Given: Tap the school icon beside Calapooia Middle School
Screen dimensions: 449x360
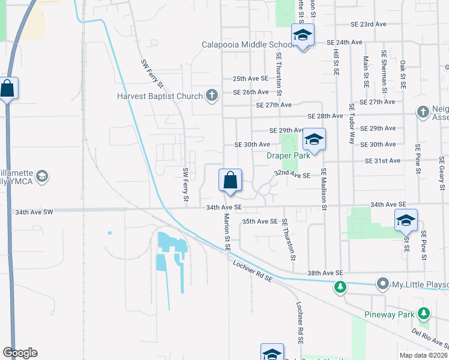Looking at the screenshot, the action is [x=303, y=35].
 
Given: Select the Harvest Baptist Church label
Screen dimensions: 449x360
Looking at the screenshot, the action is [x=160, y=95].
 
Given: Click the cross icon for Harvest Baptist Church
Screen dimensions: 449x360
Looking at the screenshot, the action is [x=211, y=95].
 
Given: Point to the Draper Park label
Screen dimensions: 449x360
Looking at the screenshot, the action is [x=288, y=155].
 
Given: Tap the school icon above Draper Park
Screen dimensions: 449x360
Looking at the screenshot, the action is [x=313, y=140].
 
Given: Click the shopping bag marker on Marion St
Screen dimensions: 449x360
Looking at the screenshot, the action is [x=230, y=179].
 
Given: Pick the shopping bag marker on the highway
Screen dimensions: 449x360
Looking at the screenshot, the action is [x=7, y=88].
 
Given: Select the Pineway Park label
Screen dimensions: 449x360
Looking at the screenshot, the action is [x=390, y=314].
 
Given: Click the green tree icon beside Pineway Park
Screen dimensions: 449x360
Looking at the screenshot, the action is [x=424, y=314].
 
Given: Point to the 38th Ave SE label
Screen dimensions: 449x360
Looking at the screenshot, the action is [x=325, y=272].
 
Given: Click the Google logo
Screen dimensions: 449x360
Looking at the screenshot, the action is [x=20, y=353].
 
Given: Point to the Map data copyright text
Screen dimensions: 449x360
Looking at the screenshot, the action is [x=423, y=355].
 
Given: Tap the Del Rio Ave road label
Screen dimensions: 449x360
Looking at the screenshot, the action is [x=432, y=338].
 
